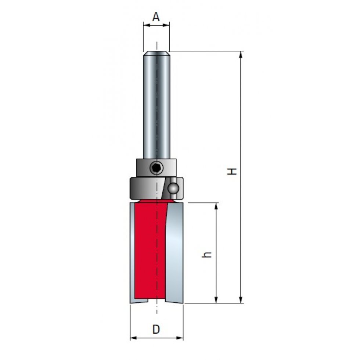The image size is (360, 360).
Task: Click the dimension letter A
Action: click(156, 17)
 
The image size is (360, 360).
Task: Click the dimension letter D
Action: click(156, 330)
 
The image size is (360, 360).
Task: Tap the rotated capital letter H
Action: click(232, 171)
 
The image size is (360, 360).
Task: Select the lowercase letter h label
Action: click(206, 255)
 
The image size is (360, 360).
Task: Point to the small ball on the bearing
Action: click(173, 188)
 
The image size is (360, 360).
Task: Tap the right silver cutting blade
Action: click(174, 253)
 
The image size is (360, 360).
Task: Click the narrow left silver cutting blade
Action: click(132, 253)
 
